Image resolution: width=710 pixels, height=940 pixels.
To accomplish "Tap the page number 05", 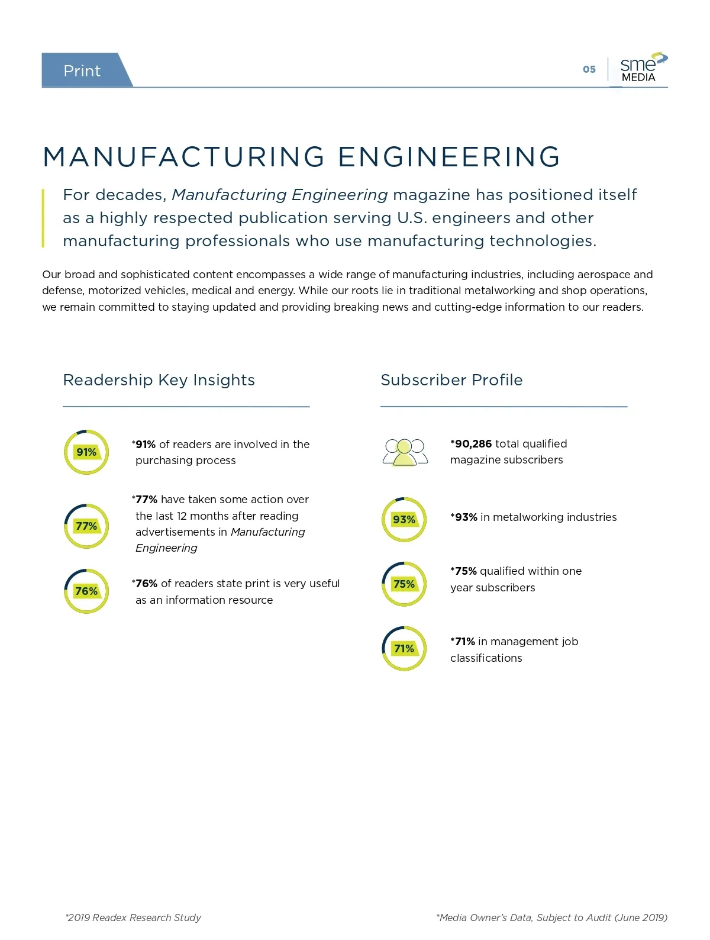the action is click(x=589, y=69).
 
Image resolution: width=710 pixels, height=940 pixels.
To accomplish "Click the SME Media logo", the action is click(x=644, y=67).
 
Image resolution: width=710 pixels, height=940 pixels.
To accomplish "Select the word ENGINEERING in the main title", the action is click(x=449, y=156).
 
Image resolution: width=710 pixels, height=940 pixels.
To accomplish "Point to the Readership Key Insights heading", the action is click(x=159, y=380).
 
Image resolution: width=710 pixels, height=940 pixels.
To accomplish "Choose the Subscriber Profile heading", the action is click(x=451, y=380).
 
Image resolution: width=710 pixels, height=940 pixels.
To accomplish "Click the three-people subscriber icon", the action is click(x=405, y=452).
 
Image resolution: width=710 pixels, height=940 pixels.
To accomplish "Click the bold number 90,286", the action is click(x=473, y=444).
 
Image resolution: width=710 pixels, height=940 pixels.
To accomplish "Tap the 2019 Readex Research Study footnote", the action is click(x=133, y=918).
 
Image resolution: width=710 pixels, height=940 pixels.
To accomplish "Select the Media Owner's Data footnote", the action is click(x=551, y=918).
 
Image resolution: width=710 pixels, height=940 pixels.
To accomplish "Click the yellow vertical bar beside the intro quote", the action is click(x=43, y=218).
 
